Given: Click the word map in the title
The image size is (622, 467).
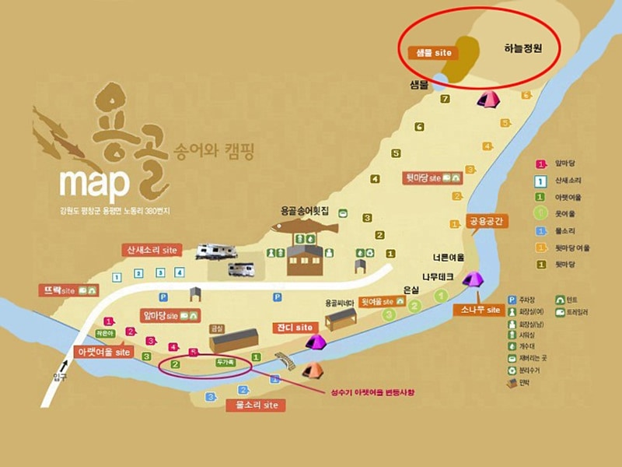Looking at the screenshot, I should coord(94,181).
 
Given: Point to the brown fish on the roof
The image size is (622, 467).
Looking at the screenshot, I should coord(305,229).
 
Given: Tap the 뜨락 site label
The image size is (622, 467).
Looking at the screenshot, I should coord(68,290).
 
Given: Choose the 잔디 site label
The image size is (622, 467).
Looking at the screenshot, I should coord(293,327).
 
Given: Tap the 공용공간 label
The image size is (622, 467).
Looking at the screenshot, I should coord(487,222).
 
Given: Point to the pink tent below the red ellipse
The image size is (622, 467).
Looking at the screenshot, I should coord(488,99).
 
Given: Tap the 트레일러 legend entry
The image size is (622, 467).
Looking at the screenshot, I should coord(573,311).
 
